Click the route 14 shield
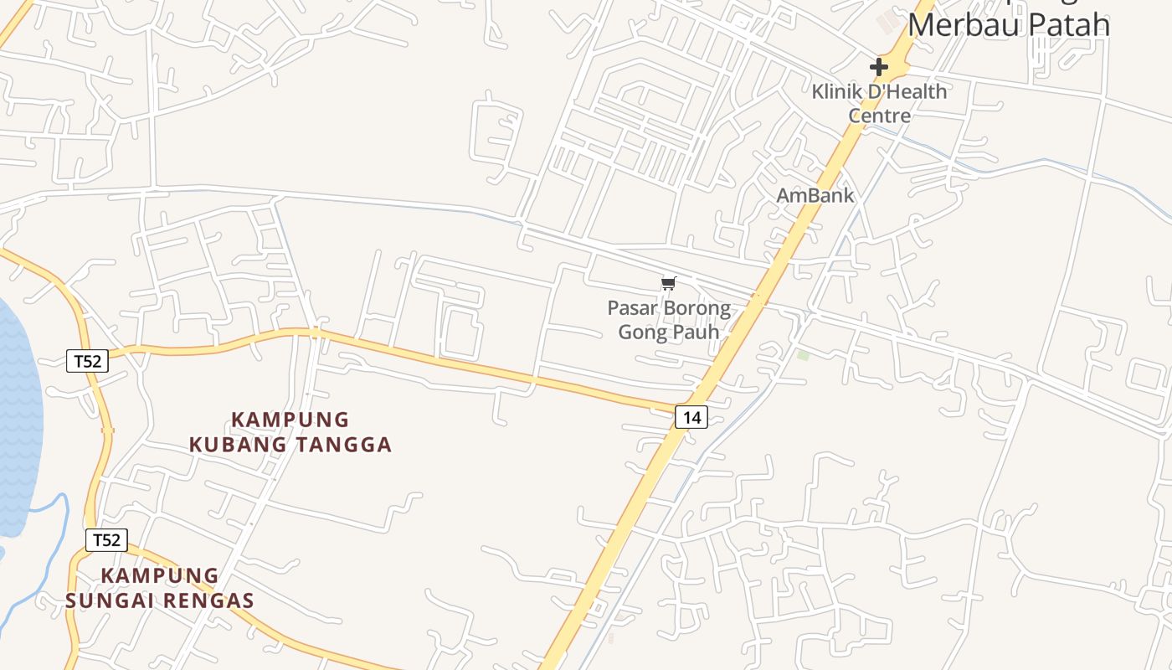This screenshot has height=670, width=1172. (x=691, y=416)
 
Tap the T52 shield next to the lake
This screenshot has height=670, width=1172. (x=87, y=361)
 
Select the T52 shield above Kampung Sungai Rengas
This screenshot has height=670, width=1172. (x=106, y=540)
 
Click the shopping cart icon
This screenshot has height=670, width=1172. (x=668, y=284)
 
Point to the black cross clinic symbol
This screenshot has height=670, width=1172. (x=879, y=66)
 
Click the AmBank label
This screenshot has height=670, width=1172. (x=815, y=195)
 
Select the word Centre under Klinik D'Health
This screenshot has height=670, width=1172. (x=879, y=115)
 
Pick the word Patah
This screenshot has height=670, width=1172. (x=1063, y=23)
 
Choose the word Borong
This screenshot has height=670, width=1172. (x=696, y=308)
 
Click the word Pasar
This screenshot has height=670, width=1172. (x=632, y=308)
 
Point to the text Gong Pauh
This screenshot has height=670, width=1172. (x=668, y=332)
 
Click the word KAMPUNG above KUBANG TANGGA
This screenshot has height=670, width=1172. (x=290, y=419)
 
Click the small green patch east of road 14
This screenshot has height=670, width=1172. (x=804, y=355)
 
